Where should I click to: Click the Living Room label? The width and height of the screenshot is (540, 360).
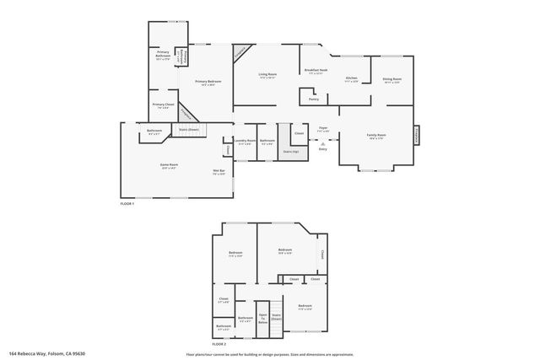click(267, 75)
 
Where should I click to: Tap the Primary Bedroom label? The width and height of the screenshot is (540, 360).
click(208, 82)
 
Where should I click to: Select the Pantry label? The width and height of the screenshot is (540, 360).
click(313, 99)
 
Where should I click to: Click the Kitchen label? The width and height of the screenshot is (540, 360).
click(352, 78)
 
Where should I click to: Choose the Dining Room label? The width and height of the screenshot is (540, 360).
click(392, 79)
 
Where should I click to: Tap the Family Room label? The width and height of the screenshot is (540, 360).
click(375, 135)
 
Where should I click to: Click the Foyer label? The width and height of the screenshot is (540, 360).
click(323, 128)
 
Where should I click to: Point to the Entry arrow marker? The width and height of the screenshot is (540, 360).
click(323, 146)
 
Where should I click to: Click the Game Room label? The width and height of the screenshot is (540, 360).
click(169, 165)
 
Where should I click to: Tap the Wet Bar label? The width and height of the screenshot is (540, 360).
click(219, 171)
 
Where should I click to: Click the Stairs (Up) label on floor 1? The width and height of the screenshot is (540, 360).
click(290, 152)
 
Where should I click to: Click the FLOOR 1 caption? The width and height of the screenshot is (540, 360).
click(127, 204)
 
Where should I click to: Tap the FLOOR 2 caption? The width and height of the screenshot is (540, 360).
click(219, 344)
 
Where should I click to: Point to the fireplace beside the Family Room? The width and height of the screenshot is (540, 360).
click(417, 134)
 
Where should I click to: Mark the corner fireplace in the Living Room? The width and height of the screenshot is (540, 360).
click(241, 51)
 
